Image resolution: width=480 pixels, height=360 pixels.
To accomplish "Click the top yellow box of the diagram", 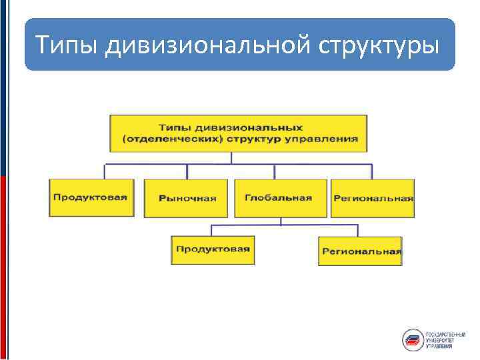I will tap(238, 133).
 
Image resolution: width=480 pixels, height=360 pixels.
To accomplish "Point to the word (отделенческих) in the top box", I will tap(166, 140).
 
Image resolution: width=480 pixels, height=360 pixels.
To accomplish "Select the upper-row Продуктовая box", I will tap(91, 197).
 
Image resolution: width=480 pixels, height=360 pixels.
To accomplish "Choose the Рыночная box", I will tap(187, 198).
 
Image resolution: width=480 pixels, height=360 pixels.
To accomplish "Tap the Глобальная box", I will tap(279, 198).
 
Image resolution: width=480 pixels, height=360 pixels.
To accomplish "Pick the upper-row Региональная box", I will tap(373, 198).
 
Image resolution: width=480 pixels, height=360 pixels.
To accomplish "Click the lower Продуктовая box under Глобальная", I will tap(212, 249).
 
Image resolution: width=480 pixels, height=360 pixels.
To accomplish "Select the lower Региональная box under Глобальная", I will tap(361, 251).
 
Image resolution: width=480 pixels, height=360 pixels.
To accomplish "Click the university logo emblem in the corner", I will tap(413, 340).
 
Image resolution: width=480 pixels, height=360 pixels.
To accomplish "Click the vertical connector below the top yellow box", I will tap(231, 157).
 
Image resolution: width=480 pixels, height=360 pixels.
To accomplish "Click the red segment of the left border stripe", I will tap(3, 260).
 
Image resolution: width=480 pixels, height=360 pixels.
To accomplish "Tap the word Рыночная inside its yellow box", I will tap(187, 198).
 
